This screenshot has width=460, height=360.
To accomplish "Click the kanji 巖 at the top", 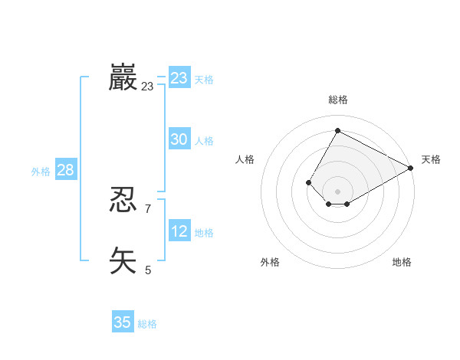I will (123, 78).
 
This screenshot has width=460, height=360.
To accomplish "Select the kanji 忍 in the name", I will (123, 201).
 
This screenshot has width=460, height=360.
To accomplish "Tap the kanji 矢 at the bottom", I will (123, 260).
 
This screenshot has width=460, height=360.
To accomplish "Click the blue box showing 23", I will (179, 78).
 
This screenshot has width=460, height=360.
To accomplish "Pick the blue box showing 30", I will (179, 139).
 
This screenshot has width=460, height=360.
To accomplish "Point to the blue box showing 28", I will (65, 170).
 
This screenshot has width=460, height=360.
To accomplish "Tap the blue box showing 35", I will (123, 322).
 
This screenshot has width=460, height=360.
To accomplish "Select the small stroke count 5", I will (148, 270).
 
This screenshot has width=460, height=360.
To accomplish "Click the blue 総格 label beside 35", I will (147, 324).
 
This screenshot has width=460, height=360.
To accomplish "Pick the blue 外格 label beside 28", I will (41, 172).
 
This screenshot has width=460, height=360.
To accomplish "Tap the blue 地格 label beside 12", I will (204, 232).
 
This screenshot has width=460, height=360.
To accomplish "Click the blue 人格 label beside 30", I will (204, 141).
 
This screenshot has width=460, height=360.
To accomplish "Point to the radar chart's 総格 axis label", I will (337, 100).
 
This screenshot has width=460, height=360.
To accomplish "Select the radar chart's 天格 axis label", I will (431, 159).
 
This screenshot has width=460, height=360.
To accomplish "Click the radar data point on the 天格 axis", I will (411, 168).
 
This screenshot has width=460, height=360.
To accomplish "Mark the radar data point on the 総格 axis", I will (337, 131).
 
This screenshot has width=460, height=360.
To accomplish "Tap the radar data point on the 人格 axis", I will (308, 182).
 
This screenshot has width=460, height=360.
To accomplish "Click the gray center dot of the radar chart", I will (337, 191).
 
